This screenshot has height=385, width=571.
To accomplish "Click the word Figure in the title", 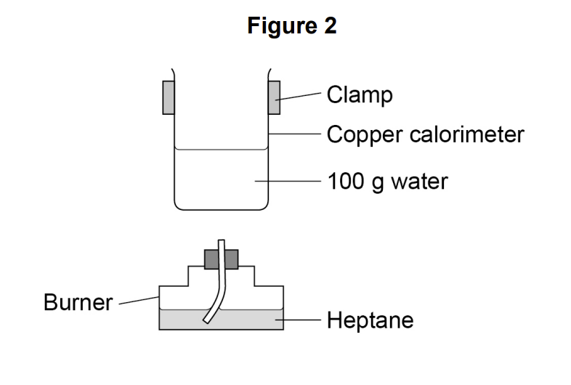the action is (x=282, y=26).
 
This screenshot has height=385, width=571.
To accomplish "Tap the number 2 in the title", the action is (x=330, y=25).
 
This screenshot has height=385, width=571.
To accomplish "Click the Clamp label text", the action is (x=360, y=94).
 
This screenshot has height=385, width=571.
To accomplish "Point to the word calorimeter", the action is (x=467, y=134).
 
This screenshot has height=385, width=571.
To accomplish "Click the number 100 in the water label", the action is (x=346, y=182).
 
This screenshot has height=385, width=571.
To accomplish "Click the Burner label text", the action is (x=78, y=302).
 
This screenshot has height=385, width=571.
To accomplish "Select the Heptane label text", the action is (x=370, y=320).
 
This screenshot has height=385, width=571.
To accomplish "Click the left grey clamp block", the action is (x=169, y=97).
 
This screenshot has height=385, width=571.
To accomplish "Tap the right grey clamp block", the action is (x=274, y=97).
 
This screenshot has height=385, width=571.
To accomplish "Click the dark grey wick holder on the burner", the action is (x=221, y=259).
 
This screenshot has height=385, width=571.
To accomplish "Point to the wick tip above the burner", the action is (x=221, y=240).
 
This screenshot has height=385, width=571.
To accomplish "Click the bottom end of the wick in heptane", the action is (x=206, y=321).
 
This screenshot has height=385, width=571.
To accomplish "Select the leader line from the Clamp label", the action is (x=299, y=96).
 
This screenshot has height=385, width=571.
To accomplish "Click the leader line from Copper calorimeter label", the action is (x=295, y=134).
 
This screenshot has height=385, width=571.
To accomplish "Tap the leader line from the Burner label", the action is (x=139, y=300).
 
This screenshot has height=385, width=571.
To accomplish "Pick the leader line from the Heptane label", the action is (x=298, y=320).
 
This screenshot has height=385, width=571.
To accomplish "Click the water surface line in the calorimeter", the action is (x=221, y=149).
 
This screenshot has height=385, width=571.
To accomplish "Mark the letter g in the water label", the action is (x=378, y=184).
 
